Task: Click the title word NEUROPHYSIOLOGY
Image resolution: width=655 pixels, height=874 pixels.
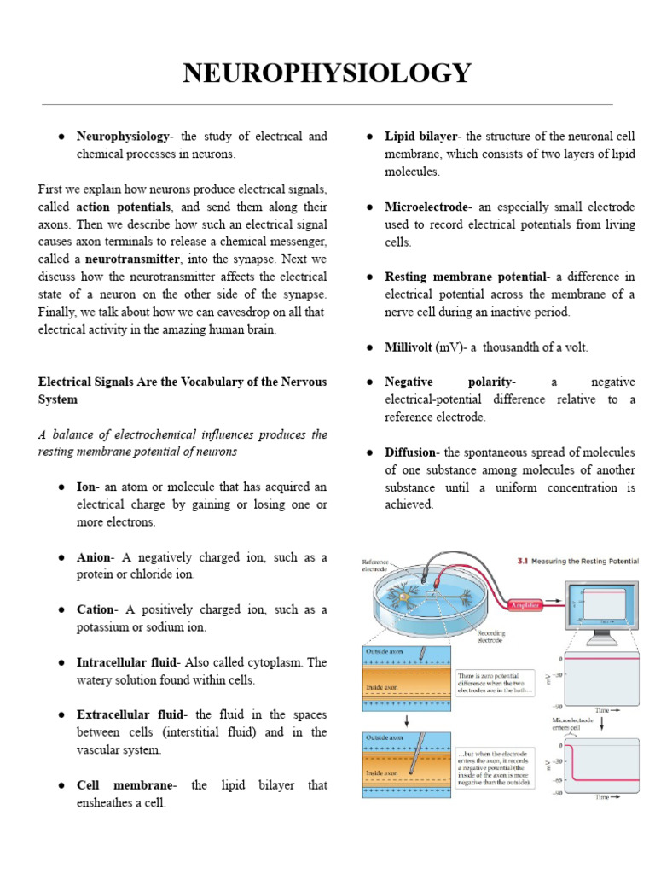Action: tap(327, 73)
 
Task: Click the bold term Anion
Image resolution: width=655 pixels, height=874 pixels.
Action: tap(94, 557)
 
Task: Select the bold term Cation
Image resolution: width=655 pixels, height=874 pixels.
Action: tap(96, 609)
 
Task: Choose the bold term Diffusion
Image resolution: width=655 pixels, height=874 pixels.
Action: tap(411, 452)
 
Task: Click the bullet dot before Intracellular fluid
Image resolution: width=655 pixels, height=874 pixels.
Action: tap(62, 662)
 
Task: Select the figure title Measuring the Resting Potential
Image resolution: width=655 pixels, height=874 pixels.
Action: tap(584, 562)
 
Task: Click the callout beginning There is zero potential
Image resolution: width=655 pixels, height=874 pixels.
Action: tap(495, 682)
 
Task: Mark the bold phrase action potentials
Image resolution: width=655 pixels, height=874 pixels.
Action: tap(124, 207)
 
